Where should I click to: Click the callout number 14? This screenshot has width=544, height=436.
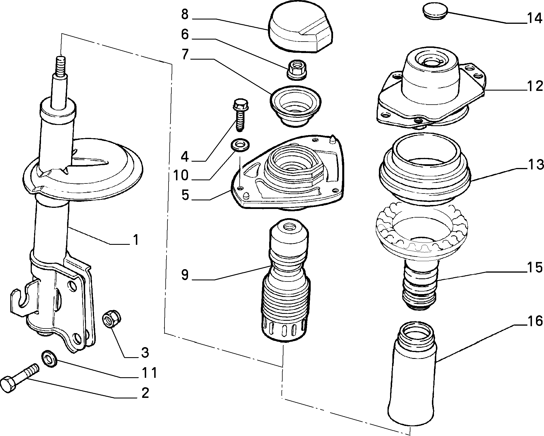535,19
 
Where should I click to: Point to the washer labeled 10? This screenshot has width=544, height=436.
240,145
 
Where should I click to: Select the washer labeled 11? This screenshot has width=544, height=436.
49,359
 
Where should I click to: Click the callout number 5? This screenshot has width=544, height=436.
185,195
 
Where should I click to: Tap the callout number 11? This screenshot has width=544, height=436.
150,373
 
